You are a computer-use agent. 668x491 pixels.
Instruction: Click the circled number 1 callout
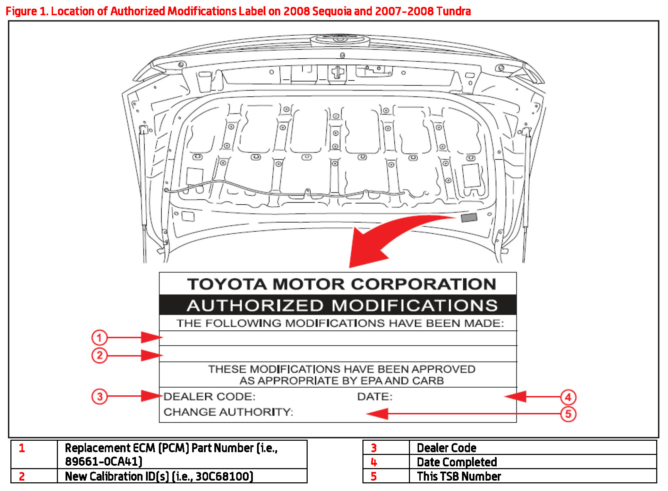(x=99, y=337)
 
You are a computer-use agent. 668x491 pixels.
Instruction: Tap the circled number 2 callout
(x=99, y=355)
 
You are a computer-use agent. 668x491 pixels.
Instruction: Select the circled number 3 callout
(x=99, y=396)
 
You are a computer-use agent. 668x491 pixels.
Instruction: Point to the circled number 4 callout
(x=568, y=397)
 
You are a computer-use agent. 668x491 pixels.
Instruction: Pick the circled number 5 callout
(x=568, y=414)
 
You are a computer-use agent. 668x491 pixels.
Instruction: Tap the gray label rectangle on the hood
(x=469, y=218)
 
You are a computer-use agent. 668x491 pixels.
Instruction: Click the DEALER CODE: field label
(x=209, y=396)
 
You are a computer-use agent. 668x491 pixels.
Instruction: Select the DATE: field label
(x=375, y=396)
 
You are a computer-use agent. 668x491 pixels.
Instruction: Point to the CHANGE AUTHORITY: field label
(x=228, y=412)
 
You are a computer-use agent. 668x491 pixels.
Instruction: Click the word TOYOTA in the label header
(x=227, y=284)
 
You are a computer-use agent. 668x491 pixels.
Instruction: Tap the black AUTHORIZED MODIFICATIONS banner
(x=342, y=305)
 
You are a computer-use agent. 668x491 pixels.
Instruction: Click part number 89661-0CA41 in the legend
(x=103, y=462)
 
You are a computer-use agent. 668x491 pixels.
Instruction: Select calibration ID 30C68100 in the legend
(x=224, y=476)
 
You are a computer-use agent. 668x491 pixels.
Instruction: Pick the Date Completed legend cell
(x=456, y=462)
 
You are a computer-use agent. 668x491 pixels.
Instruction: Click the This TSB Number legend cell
(x=459, y=476)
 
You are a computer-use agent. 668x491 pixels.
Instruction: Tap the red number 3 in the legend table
(x=374, y=448)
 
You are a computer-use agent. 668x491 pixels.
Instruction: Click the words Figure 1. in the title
(x=26, y=11)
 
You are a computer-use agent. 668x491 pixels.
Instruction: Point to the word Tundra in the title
(x=453, y=11)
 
